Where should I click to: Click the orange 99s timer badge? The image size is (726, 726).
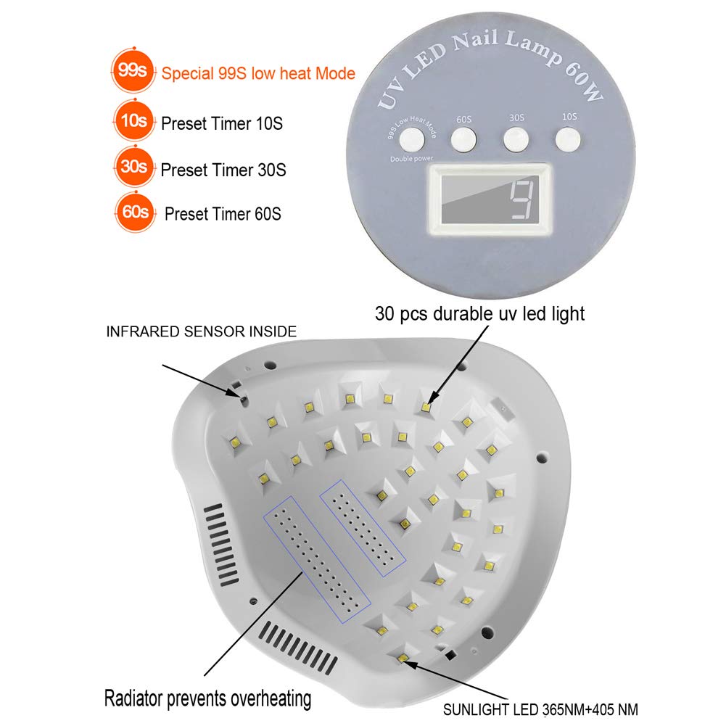point(133,73)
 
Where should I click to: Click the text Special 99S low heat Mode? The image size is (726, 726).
point(258,73)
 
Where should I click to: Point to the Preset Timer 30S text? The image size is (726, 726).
point(223,170)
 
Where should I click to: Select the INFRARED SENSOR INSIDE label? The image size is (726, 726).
point(202,331)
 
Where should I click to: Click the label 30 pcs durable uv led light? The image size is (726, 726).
point(479,313)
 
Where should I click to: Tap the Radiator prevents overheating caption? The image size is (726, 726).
point(208,699)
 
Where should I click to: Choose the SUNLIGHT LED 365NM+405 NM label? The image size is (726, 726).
point(540,709)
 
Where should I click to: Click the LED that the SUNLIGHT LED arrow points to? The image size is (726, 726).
point(404,659)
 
